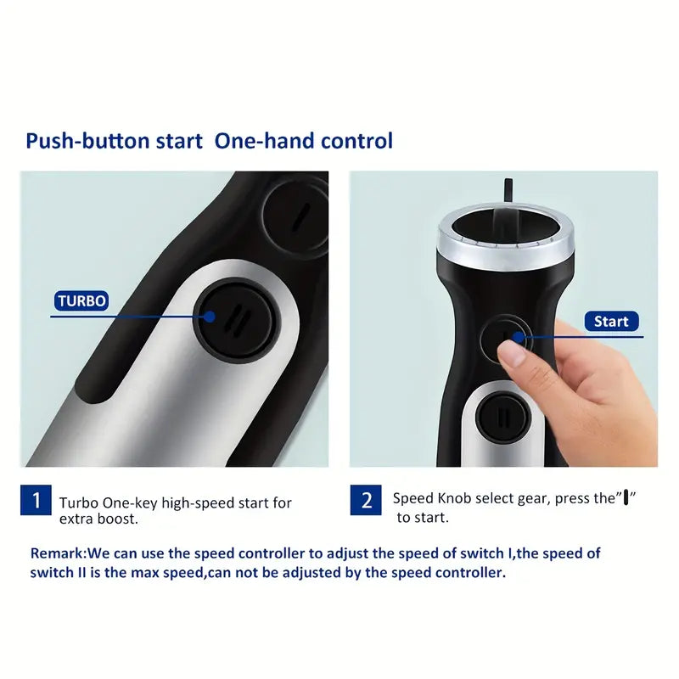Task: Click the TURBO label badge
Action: click(81, 300)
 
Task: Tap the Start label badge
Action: click(611, 321)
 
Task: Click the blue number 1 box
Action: click(36, 500)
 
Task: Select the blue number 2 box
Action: click(366, 500)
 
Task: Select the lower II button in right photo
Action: click(504, 418)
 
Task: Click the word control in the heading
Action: click(356, 140)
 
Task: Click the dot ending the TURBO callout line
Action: click(209, 317)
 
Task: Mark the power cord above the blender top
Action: click(508, 190)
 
